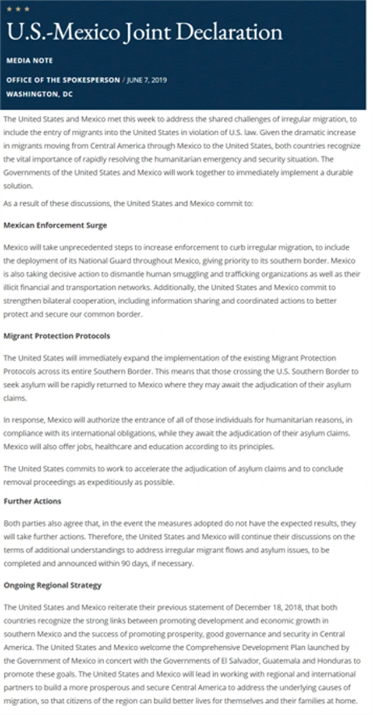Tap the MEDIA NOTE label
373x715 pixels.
click(x=29, y=61)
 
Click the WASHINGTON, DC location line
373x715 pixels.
click(x=39, y=93)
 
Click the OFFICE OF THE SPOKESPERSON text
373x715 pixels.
click(x=63, y=80)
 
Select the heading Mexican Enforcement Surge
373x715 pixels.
click(x=55, y=225)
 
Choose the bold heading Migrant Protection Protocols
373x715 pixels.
click(x=57, y=336)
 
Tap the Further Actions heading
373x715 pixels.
click(x=32, y=501)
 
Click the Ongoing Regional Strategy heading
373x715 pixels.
click(x=52, y=584)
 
